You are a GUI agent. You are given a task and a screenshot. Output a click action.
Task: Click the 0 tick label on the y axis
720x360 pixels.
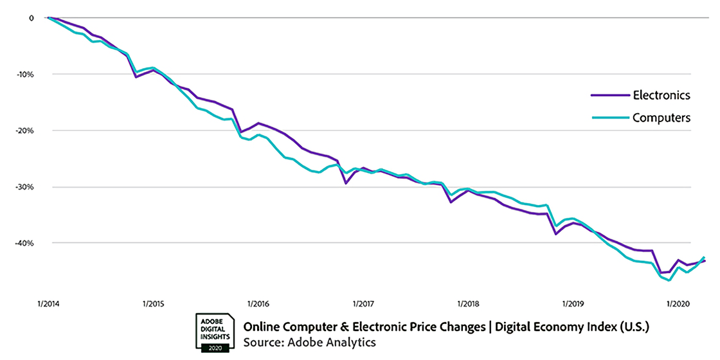[x=30, y=17]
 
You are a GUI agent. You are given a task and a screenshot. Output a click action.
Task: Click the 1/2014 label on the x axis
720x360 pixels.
[x=49, y=303]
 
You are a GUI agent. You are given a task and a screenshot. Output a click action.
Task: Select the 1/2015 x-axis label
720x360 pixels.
[x=153, y=303]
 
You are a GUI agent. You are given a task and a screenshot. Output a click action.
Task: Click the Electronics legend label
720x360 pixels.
[x=661, y=95]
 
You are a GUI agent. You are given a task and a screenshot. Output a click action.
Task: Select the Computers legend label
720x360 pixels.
[x=661, y=118]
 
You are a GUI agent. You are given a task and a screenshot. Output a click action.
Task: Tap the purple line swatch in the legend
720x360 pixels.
[x=609, y=95]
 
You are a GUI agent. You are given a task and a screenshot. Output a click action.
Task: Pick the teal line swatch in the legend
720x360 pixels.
[x=609, y=118]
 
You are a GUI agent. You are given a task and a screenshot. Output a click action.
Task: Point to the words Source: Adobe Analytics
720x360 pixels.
[x=309, y=342]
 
